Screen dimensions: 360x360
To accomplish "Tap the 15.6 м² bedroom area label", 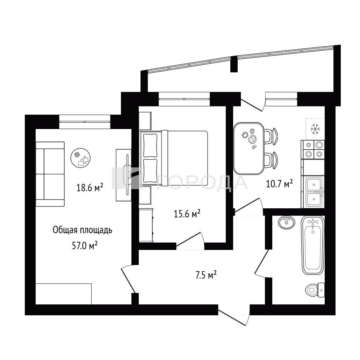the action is [187, 214].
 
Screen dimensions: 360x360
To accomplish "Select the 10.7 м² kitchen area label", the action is [279, 184].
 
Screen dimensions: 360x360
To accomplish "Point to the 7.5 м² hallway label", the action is [206, 275].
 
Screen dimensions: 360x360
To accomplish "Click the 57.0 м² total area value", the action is [85, 246].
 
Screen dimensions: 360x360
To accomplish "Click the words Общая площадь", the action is [82, 230].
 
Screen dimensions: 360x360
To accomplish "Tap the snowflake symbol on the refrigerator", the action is [315, 129].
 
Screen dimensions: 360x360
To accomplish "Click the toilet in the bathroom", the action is [315, 290].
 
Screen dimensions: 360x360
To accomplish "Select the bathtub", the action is [313, 245].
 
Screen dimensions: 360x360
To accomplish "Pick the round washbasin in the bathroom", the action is [287, 222].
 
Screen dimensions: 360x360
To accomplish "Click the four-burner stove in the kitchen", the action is [313, 150].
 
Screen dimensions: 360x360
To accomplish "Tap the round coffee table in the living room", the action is [80, 158].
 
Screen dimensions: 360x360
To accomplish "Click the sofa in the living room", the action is [50, 174].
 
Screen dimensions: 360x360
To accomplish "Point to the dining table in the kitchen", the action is [249, 148].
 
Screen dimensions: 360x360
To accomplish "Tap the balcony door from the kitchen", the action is [253, 105].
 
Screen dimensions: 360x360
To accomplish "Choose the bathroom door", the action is [262, 264].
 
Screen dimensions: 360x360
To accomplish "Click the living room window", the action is [85, 121].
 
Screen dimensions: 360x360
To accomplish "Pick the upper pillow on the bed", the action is [150, 145].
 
